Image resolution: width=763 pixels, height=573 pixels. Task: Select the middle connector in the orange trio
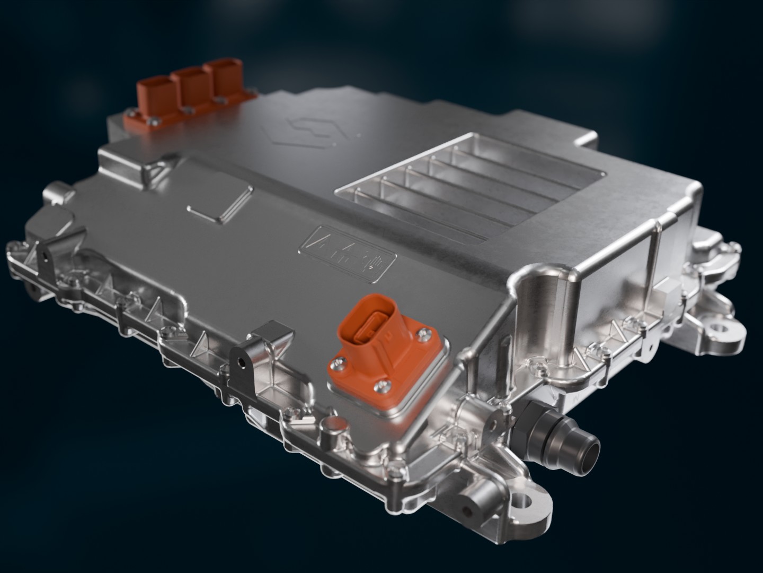(x=189, y=86)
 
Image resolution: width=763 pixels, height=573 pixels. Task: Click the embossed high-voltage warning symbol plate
(x=347, y=250)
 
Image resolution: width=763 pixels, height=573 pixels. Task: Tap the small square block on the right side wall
(x=669, y=292)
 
